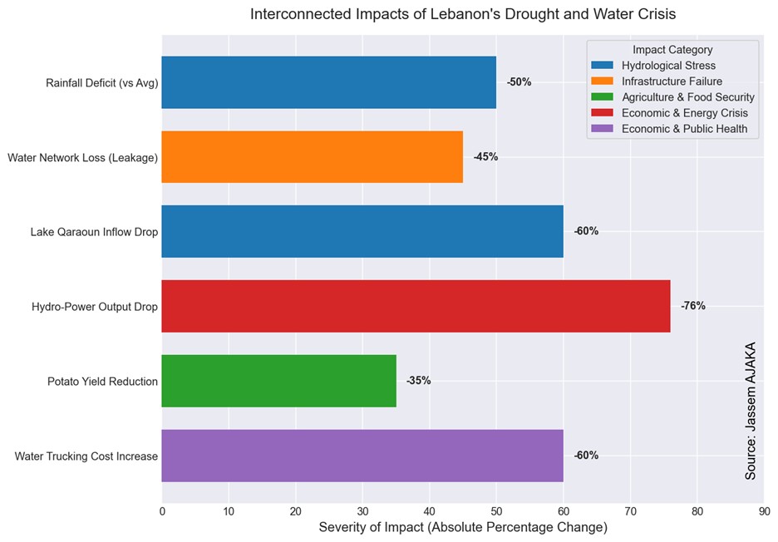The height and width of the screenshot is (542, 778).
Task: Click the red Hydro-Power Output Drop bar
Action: coord(416,306)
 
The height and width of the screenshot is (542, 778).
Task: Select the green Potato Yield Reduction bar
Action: coord(278,381)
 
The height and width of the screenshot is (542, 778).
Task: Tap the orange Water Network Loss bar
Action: coord(312,156)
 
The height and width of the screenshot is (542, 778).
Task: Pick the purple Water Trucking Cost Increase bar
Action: coord(362,456)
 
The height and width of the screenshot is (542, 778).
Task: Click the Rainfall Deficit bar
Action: coord(328,82)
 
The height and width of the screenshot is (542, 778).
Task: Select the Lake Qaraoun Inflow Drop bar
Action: coord(362,231)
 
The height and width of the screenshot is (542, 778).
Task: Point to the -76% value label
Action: coord(692,306)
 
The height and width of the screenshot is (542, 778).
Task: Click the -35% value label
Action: coord(418,381)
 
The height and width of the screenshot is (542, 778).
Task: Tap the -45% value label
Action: coord(485,156)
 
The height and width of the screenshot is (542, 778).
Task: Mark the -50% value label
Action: coord(519,82)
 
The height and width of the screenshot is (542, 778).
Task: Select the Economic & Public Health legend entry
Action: coord(684,129)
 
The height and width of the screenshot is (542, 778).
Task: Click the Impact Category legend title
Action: coord(672,50)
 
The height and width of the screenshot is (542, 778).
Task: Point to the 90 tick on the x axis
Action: coord(764,511)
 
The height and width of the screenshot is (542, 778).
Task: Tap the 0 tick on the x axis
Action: coord(162,511)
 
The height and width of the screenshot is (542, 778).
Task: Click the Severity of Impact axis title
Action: coord(463,528)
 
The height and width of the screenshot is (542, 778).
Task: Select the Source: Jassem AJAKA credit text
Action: coord(751,411)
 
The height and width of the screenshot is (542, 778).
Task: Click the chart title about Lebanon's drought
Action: coord(463,14)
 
